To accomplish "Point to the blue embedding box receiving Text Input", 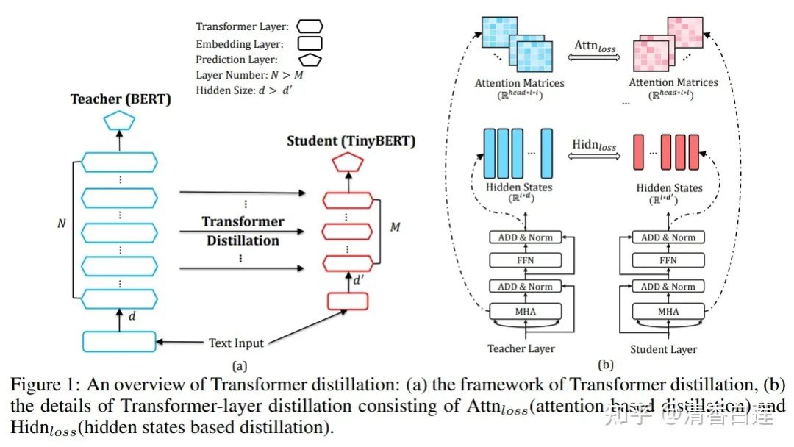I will point(119,341).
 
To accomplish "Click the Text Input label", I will point(235,343).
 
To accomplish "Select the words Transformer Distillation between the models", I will point(243,231).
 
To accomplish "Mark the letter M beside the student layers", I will point(395,227).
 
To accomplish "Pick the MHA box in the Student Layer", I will point(668,311).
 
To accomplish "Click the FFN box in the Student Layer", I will point(668,260).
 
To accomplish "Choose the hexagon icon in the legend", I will point(310,26).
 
